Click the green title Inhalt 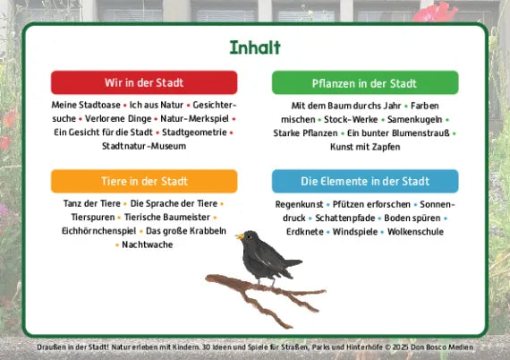coord(255,47)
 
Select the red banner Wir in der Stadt coord(144,82)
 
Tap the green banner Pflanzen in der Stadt coord(365,83)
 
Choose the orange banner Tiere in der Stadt coord(144,181)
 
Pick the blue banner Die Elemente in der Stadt coord(365,181)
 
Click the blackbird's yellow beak coord(238,237)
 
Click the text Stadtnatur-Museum coord(144,145)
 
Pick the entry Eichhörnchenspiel coord(98,230)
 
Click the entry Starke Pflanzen coord(305,133)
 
